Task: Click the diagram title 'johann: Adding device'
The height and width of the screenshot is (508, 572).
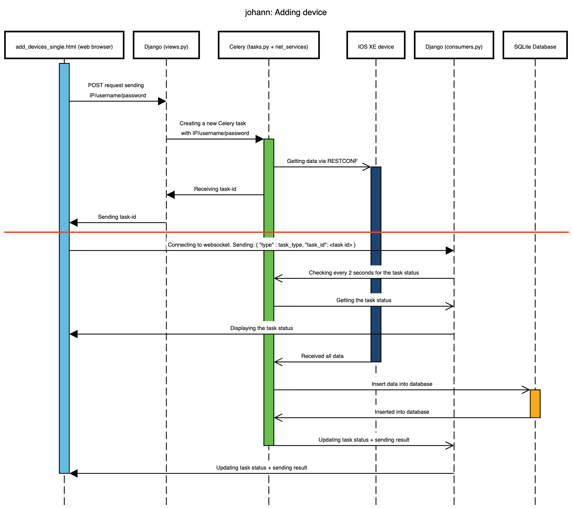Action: [x=285, y=12]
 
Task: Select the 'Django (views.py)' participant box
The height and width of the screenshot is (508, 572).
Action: [x=166, y=45]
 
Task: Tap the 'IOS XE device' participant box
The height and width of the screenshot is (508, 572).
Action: [x=376, y=45]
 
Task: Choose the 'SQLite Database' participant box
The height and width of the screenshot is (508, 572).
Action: [x=535, y=45]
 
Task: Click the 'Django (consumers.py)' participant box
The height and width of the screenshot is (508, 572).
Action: [x=454, y=45]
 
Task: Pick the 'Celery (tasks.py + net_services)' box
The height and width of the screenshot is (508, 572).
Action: [x=269, y=45]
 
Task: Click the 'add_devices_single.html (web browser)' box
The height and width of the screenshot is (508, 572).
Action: [x=64, y=45]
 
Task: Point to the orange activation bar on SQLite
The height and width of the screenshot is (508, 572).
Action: [x=535, y=404]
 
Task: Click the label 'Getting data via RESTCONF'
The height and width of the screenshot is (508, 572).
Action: [x=322, y=161]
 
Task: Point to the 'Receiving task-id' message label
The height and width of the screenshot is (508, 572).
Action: [x=215, y=189]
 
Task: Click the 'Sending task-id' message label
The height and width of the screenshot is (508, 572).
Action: [x=117, y=217]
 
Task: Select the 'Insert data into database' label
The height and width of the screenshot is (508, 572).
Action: [x=402, y=384]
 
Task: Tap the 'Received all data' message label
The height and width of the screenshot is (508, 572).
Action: [x=322, y=356]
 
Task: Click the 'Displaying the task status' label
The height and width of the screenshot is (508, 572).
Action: [x=262, y=328]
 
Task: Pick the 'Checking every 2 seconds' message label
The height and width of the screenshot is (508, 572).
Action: [x=364, y=273]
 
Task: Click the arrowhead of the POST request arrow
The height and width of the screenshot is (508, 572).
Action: [x=162, y=101]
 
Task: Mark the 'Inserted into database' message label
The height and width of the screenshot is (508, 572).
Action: [x=402, y=412]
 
